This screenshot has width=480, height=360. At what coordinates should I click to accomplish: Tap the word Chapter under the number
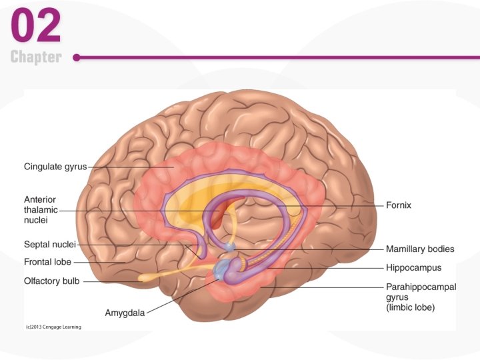(x=37, y=57)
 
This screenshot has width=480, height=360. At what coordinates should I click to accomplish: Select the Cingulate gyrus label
(x=55, y=167)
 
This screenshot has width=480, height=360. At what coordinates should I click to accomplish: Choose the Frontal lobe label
(x=47, y=262)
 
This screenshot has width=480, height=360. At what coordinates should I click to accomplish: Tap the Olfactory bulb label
(x=52, y=281)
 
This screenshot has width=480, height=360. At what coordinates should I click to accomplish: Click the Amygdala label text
(x=125, y=312)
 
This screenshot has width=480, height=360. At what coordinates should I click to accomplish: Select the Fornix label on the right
(x=399, y=205)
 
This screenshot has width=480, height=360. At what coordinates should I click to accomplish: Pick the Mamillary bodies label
(x=420, y=249)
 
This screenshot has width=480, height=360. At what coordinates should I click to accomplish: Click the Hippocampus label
(x=413, y=267)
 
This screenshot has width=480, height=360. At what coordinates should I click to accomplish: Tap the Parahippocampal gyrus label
(x=420, y=287)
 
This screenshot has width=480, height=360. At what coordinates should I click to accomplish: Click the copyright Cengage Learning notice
(x=53, y=327)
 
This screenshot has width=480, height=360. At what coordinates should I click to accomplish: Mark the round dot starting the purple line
(x=77, y=57)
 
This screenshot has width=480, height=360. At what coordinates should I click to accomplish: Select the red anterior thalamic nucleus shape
(x=221, y=217)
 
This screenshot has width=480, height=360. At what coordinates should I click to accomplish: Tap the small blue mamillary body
(x=229, y=247)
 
